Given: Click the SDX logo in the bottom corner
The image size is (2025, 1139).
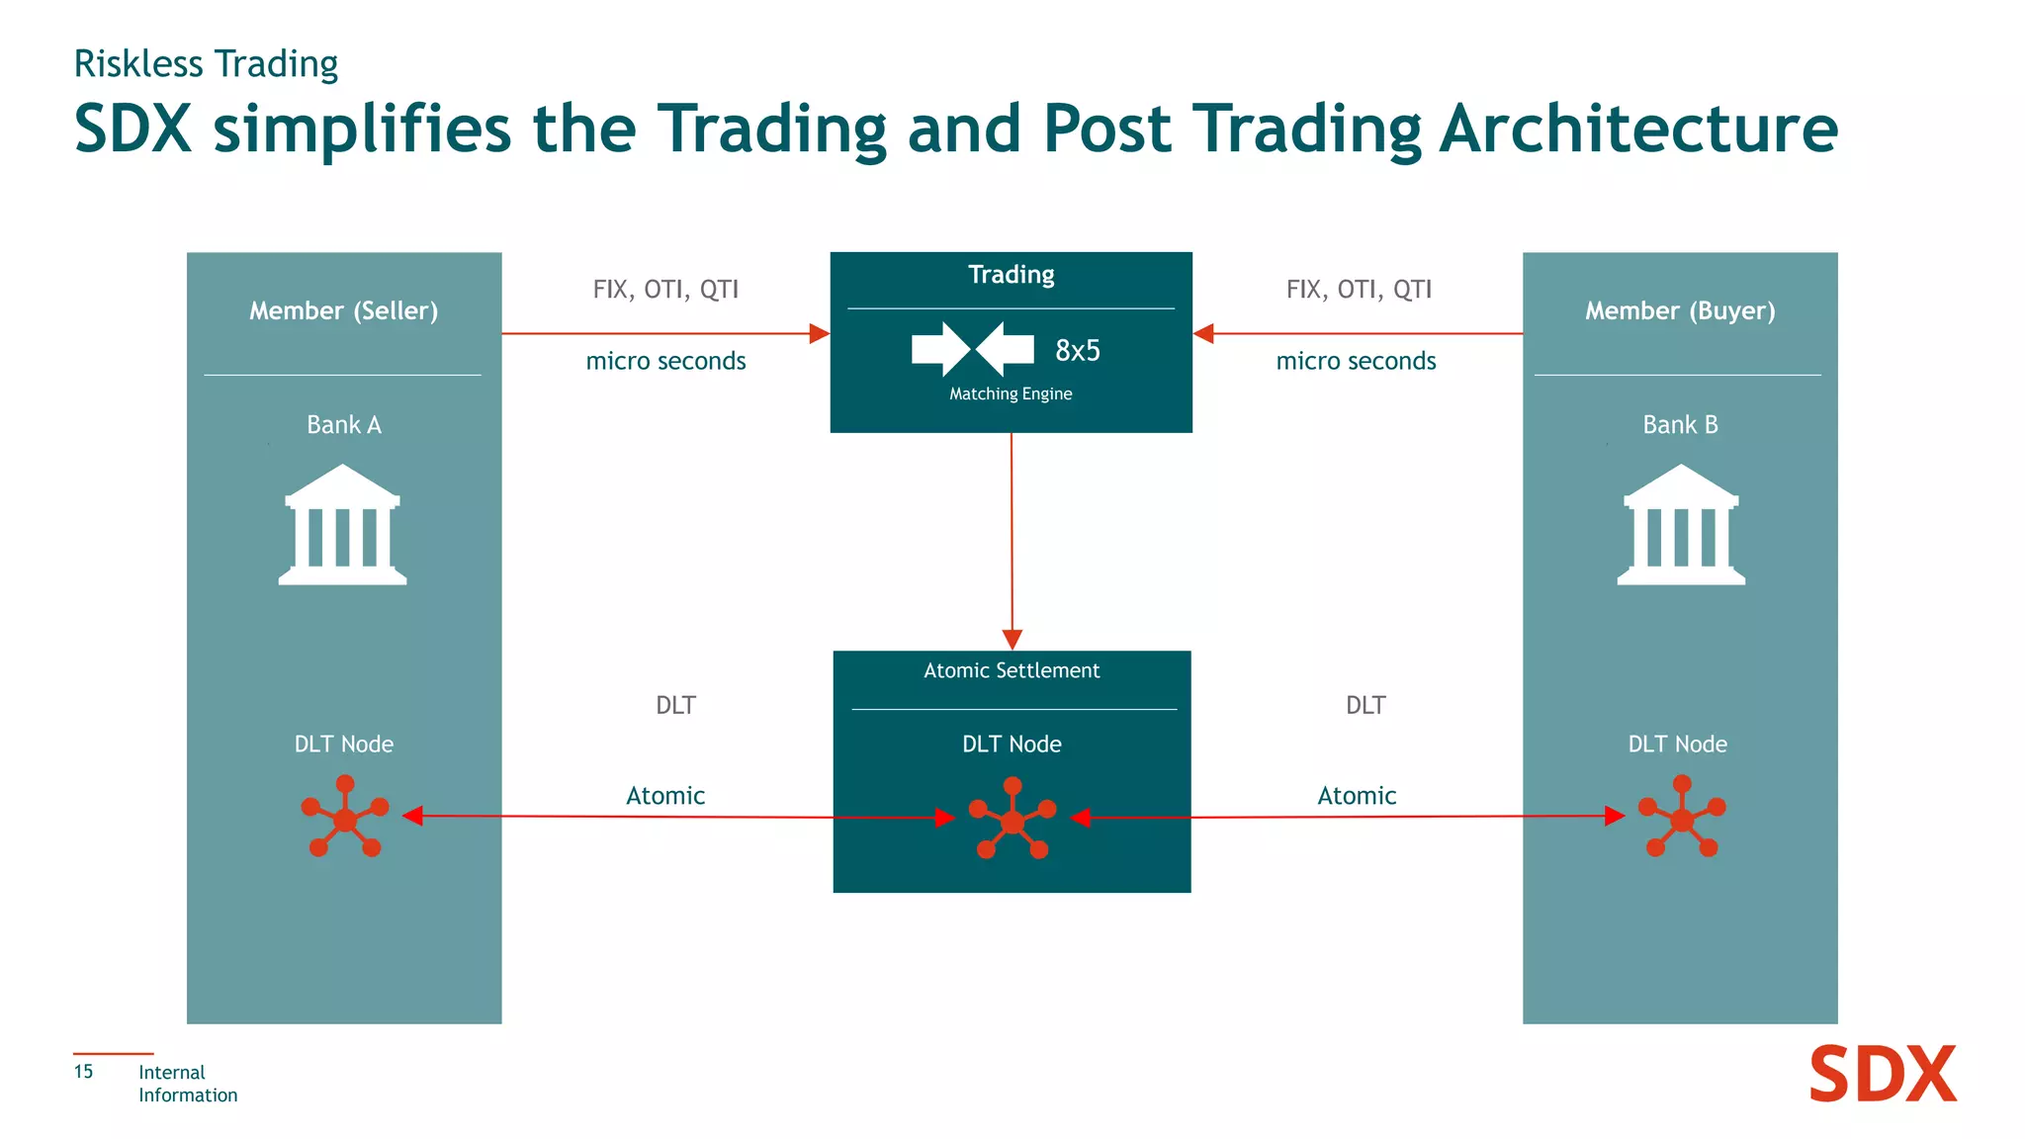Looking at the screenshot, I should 1882,1075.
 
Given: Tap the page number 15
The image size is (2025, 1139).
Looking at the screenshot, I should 83,1072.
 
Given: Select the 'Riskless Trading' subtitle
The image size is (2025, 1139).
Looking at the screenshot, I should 206,64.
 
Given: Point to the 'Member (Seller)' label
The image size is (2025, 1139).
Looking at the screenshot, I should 343,311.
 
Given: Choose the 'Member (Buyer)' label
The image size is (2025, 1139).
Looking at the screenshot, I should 1680,311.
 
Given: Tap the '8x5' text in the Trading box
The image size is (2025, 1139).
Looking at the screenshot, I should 1077,351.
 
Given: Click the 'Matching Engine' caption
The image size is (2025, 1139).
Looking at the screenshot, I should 1011,394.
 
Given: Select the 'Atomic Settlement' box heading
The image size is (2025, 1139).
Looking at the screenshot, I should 1012,671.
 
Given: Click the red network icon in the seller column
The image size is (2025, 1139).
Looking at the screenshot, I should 344,817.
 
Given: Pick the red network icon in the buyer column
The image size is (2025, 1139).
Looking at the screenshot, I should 1681,817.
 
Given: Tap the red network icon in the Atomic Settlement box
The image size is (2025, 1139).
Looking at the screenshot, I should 1012,819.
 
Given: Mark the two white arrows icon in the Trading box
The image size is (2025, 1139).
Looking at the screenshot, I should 972,349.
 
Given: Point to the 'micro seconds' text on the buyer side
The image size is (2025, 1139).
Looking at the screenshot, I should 1356,362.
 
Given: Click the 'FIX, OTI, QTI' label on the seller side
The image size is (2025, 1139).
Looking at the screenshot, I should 665,290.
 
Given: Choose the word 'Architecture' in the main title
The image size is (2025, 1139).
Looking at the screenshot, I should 1638,130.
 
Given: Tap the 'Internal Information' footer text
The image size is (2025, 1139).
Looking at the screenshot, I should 187,1084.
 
